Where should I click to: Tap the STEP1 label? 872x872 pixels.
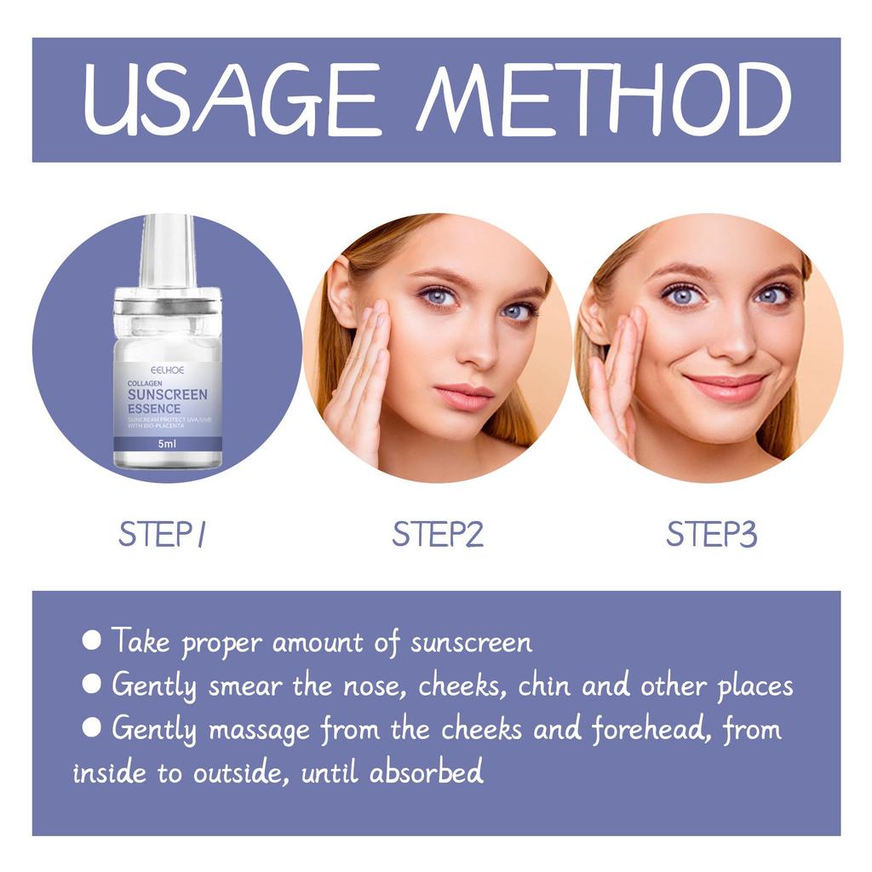click(163, 535)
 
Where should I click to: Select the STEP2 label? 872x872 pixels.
click(438, 535)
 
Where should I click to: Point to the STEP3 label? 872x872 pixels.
click(711, 535)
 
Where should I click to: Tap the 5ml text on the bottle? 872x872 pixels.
click(167, 444)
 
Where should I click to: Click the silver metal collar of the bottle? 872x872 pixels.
click(168, 303)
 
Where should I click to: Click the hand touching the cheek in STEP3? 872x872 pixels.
click(617, 375)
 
